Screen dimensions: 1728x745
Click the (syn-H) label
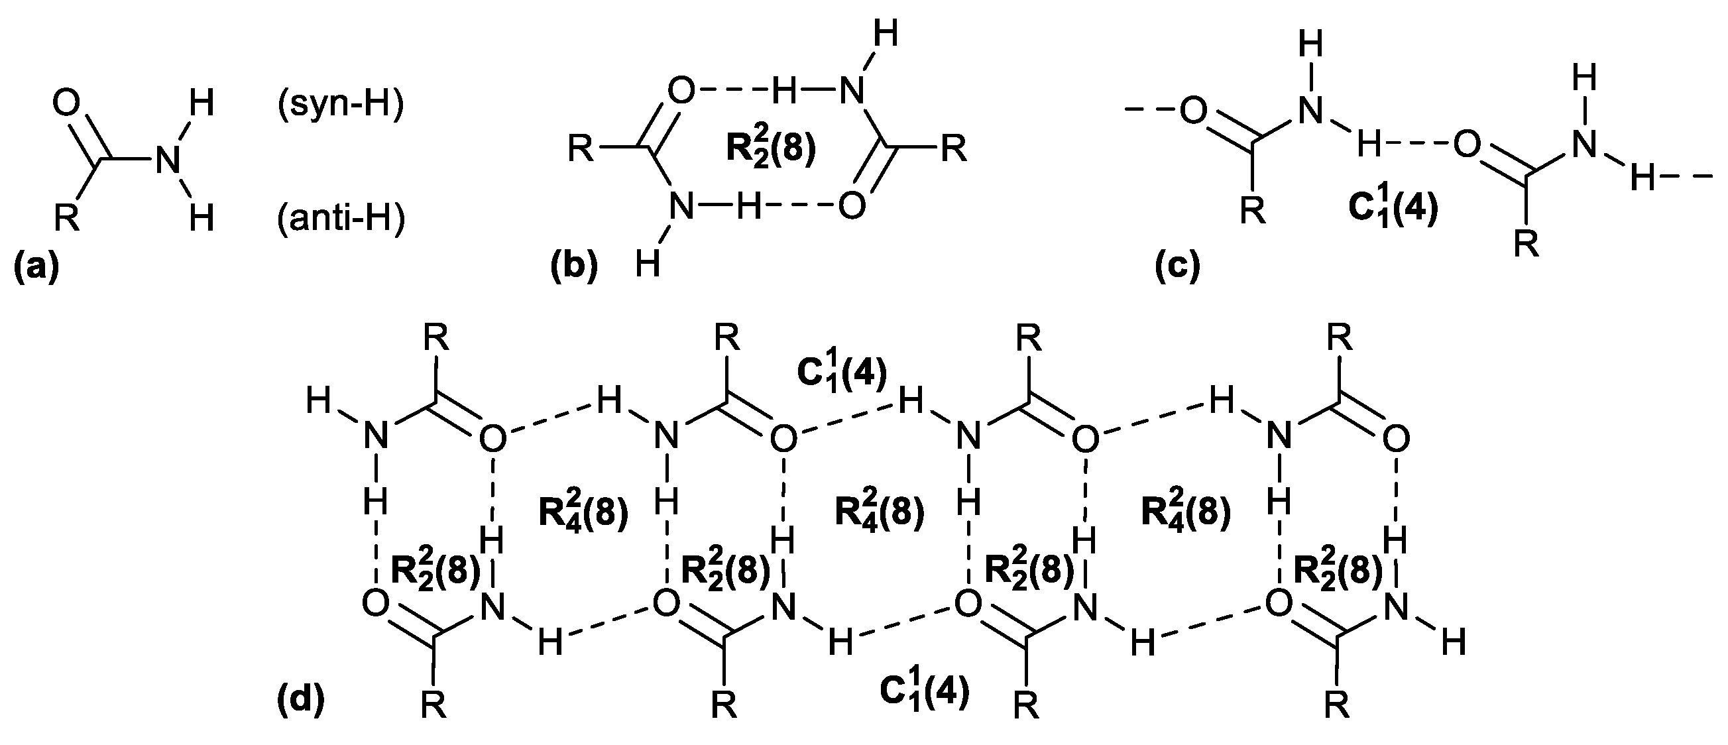pos(341,105)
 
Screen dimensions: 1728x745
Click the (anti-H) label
pos(341,219)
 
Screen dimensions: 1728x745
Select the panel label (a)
pos(37,266)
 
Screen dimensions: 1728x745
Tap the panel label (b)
pos(573,266)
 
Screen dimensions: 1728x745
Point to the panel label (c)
pos(1177,266)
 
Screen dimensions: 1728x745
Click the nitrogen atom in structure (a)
pos(168,162)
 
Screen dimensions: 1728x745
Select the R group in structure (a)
pos(67,219)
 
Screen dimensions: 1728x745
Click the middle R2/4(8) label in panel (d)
pos(880,512)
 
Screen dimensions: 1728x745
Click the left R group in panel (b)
pos(581,148)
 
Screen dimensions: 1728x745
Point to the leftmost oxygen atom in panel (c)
pos(1192,111)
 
